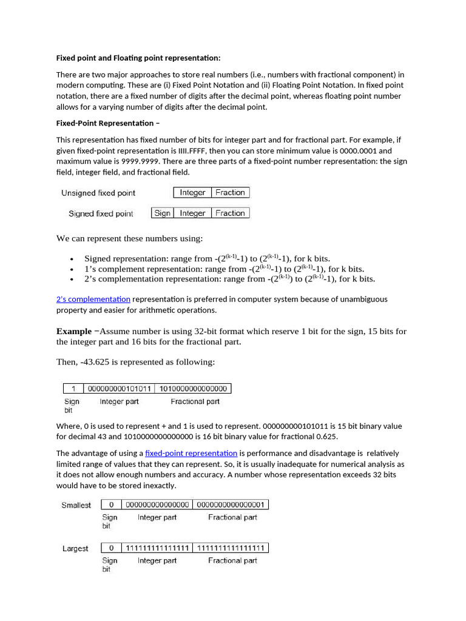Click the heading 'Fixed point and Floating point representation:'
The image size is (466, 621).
click(x=138, y=58)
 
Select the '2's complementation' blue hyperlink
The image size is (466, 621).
click(x=93, y=299)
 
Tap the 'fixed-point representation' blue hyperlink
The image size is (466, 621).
click(x=191, y=453)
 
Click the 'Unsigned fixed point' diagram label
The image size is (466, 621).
click(x=98, y=193)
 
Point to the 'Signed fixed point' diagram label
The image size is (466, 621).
click(x=101, y=213)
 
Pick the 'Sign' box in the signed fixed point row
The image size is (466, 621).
click(x=162, y=213)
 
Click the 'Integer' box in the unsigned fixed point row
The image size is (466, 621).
click(x=192, y=193)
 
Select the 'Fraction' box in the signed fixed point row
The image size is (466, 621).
click(x=230, y=213)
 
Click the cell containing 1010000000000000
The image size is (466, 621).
click(x=192, y=389)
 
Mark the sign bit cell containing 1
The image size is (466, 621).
click(x=73, y=389)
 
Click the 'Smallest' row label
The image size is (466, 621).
click(x=76, y=505)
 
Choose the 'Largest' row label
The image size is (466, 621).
click(x=75, y=548)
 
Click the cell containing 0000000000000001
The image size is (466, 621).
click(x=231, y=505)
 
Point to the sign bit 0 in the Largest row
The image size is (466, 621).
click(x=111, y=548)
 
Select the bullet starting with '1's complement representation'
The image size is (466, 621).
click(x=224, y=269)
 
